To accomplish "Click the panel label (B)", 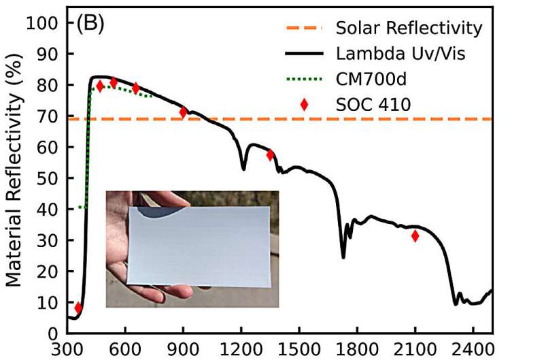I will (90, 24).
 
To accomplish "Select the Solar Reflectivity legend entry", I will (409, 29).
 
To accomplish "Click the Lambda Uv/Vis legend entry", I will (401, 54).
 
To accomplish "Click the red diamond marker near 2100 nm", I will (415, 236).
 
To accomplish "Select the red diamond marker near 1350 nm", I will (270, 154).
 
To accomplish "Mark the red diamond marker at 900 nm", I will (183, 112).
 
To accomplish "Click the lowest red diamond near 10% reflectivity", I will (78, 308).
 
